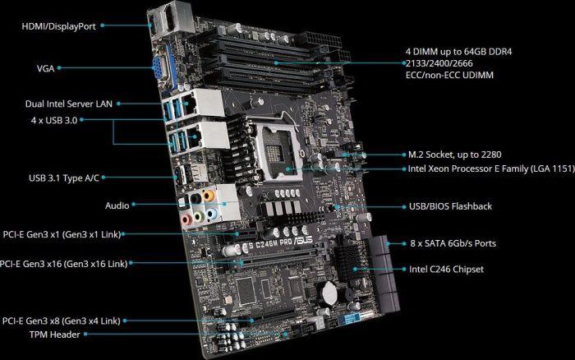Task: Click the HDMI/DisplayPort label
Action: (58, 26)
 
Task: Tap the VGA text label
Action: (45, 68)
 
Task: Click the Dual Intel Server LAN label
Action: (69, 104)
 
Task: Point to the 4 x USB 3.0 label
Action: (54, 120)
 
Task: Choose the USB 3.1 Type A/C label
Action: (64, 178)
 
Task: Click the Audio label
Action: (117, 205)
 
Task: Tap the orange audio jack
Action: (208, 196)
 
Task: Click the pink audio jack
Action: (186, 219)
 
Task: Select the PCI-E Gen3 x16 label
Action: (63, 264)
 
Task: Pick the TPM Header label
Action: (55, 335)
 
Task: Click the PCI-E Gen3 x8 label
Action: (62, 321)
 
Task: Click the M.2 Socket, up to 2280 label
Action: (455, 155)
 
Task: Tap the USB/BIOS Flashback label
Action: (450, 206)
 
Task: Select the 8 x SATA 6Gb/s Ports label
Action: (453, 243)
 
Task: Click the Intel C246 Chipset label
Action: (446, 270)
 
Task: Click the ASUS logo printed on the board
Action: (304, 241)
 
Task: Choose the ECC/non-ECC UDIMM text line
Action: (449, 76)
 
